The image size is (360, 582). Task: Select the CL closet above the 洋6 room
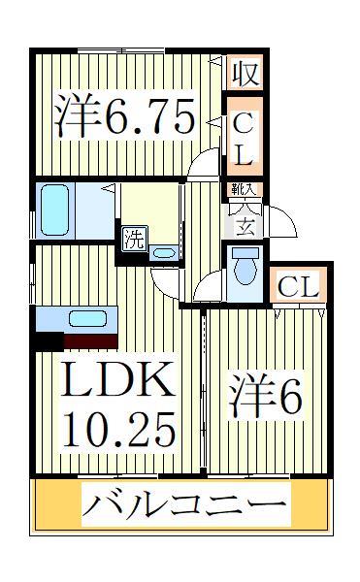point(297,286)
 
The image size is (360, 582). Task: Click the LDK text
point(118,382)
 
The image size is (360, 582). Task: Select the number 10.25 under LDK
point(118,426)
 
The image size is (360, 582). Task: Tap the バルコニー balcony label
point(184,504)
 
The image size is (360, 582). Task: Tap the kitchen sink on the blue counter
point(86,318)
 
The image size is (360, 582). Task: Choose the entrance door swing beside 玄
point(275,220)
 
